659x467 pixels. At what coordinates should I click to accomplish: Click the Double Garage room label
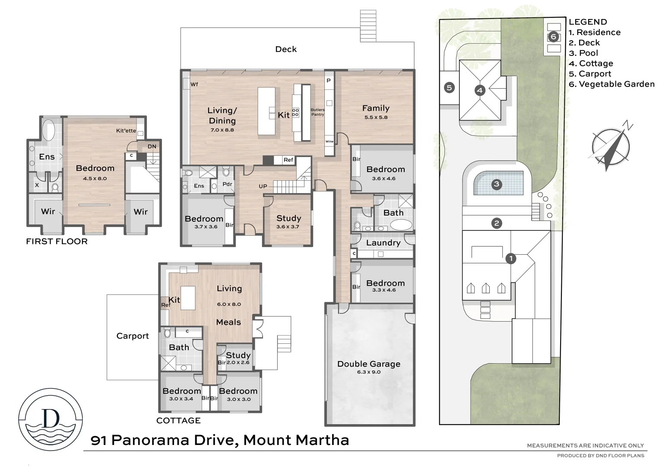click(369, 364)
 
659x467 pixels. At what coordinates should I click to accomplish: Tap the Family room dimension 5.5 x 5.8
click(376, 117)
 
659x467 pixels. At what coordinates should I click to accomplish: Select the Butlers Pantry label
click(317, 112)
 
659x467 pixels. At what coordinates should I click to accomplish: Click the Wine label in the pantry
click(329, 141)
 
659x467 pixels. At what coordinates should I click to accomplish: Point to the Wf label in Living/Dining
click(194, 84)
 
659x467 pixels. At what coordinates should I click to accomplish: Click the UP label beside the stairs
click(263, 186)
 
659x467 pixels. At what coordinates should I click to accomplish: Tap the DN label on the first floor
click(152, 147)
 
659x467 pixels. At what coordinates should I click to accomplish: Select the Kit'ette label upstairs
click(126, 131)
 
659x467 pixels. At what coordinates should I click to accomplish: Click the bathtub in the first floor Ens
click(48, 130)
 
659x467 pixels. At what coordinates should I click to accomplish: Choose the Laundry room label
click(383, 243)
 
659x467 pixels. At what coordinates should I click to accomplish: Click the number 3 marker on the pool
click(496, 184)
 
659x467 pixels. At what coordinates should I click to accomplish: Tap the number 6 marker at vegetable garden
click(554, 37)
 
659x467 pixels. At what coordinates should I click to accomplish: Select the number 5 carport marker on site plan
click(449, 88)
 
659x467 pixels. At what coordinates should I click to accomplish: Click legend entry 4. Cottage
click(591, 64)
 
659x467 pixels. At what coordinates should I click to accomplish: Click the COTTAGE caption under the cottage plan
click(178, 420)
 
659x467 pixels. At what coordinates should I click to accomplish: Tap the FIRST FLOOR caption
click(57, 241)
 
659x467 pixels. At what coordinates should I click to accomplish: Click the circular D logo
click(51, 419)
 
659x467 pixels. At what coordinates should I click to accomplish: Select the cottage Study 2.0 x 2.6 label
click(238, 358)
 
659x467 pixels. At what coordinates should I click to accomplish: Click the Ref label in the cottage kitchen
click(165, 305)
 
